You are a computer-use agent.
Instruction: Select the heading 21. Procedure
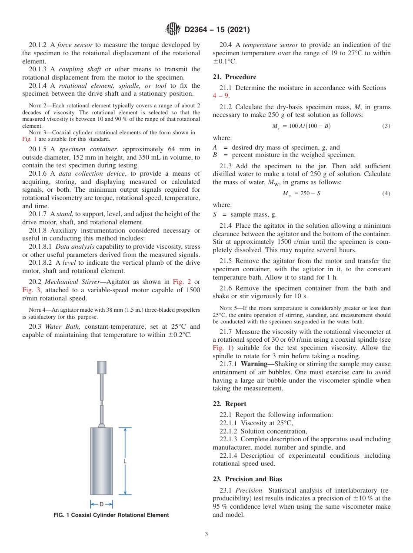(234, 77)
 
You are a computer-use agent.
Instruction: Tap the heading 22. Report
(230, 404)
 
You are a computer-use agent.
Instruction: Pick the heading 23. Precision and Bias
(247, 479)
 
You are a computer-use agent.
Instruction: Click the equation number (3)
(386, 126)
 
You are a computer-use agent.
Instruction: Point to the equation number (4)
(386, 193)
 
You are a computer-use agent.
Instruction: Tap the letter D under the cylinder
(101, 504)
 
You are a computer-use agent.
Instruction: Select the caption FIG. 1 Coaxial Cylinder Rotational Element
(111, 515)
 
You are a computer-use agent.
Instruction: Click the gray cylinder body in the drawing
(101, 461)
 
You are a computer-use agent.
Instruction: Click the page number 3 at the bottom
(206, 534)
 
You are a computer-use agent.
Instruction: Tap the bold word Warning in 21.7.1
(254, 364)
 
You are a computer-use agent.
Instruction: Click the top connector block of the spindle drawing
(102, 368)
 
